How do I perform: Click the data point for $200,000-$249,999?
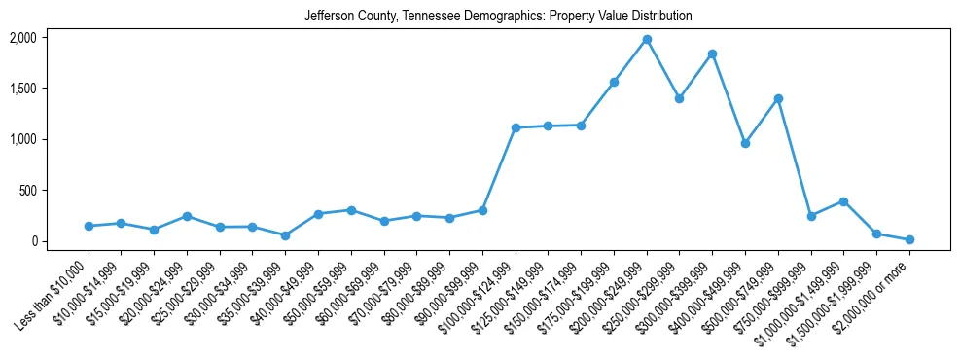point(647,39)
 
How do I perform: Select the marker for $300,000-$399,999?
point(712,54)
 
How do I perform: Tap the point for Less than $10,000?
point(89,226)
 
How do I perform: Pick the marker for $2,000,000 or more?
point(909,239)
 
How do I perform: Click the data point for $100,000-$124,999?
point(516,127)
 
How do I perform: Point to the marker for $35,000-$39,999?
point(285,235)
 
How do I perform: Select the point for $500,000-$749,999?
point(778,98)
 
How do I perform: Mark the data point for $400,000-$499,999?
point(745,143)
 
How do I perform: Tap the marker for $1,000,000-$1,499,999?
point(843,201)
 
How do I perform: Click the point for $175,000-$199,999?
point(614,82)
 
